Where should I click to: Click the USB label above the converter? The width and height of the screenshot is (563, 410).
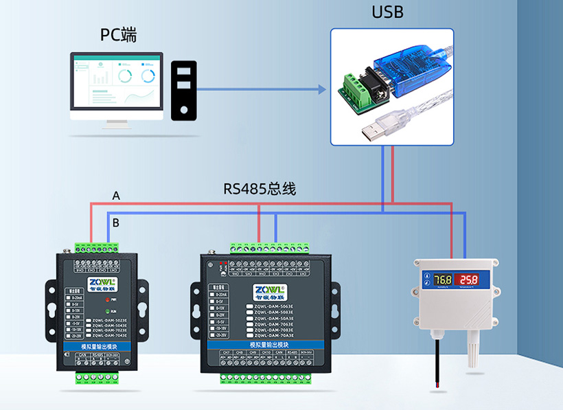pyautogui.click(x=387, y=12)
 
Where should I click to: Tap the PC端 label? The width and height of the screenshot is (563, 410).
pyautogui.click(x=118, y=34)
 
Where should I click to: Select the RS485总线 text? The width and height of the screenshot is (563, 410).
pyautogui.click(x=260, y=188)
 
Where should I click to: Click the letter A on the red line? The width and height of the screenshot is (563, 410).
pyautogui.click(x=116, y=196)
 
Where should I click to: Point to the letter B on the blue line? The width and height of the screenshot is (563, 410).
pyautogui.click(x=116, y=223)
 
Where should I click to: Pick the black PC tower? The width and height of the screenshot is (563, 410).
pyautogui.click(x=183, y=91)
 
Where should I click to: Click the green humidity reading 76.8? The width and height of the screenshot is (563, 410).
pyautogui.click(x=442, y=280)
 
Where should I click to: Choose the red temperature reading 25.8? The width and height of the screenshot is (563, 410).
pyautogui.click(x=470, y=280)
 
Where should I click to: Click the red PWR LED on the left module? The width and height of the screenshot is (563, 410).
pyautogui.click(x=108, y=299)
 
